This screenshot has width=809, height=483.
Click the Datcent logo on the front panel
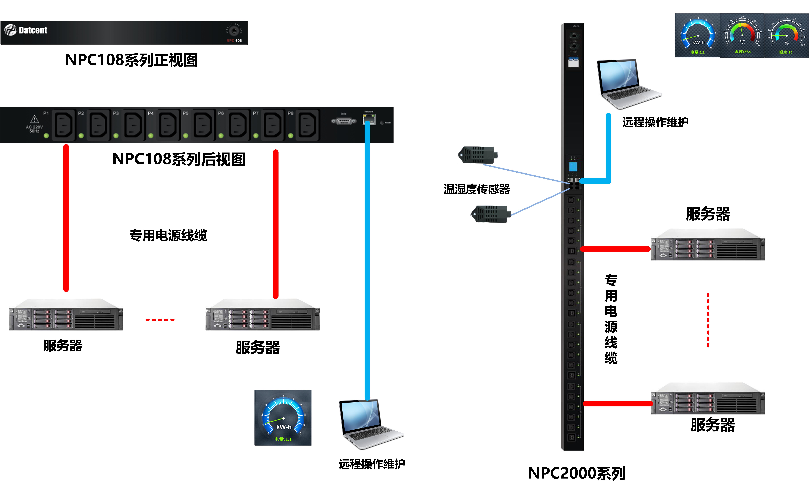tap(26, 30)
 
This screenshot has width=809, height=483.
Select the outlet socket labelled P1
tap(64, 124)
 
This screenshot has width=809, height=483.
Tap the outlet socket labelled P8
tap(307, 124)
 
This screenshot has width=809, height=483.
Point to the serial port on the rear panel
tap(344, 121)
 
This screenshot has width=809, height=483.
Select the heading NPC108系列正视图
tap(132, 60)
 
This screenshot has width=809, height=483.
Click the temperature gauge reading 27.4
tap(742, 35)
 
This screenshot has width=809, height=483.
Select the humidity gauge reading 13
tap(786, 35)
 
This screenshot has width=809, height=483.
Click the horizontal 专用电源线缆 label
tap(168, 235)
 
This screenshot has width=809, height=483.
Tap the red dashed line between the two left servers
tap(160, 320)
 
